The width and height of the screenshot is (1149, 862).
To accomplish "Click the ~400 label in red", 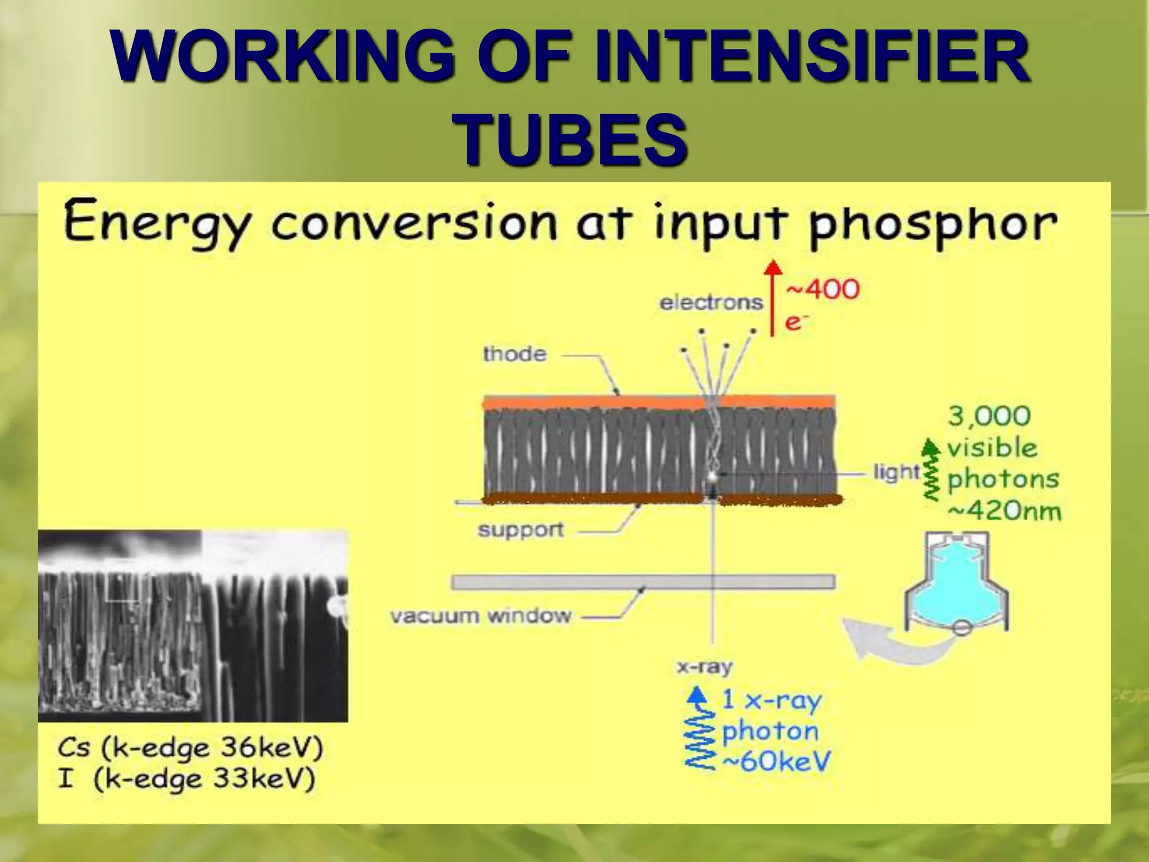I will pyautogui.click(x=823, y=290).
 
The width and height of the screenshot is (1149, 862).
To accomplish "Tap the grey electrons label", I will pyautogui.click(x=711, y=303).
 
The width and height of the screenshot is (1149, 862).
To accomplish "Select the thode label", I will pyautogui.click(x=514, y=354).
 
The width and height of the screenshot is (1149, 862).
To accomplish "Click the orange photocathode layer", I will pyautogui.click(x=589, y=402).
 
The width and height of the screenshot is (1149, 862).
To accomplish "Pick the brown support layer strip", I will pyautogui.click(x=589, y=498).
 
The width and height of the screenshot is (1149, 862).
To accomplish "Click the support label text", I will pyautogui.click(x=521, y=530).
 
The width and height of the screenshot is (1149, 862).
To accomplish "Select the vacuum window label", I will pyautogui.click(x=481, y=616).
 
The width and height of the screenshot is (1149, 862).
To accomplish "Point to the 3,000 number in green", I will pyautogui.click(x=989, y=416).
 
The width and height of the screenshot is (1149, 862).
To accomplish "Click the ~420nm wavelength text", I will pyautogui.click(x=1004, y=511).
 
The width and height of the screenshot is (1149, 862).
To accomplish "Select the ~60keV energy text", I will pyautogui.click(x=776, y=762).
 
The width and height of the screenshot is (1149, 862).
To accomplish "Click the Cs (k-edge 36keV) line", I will pyautogui.click(x=190, y=748).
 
